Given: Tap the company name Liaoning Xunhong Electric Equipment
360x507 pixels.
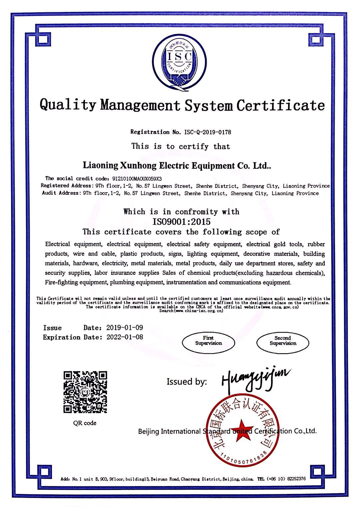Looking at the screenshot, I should coord(176,165).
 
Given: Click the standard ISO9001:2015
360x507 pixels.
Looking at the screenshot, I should coord(181,221).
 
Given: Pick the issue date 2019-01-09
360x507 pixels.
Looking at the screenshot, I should coord(125,328).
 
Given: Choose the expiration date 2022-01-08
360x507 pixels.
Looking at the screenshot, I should coord(125,337).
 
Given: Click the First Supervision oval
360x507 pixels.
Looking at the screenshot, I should coord(208,341).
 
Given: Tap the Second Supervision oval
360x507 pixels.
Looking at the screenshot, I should coord(283,341).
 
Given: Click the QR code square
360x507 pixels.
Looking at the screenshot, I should coord(85,392).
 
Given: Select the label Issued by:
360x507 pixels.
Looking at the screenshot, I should coord(187,382).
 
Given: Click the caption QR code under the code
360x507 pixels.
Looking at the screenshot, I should coord(85,423).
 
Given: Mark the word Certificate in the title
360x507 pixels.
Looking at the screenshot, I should coord(280,105).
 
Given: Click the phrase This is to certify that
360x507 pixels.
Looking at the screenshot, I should coord(181,146).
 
